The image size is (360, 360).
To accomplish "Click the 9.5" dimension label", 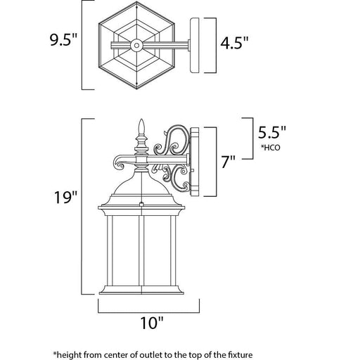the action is (63, 40).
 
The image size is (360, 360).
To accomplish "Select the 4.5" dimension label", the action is (234, 43).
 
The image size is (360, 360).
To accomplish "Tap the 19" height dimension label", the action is (65, 197).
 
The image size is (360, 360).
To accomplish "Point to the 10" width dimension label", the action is (152, 323).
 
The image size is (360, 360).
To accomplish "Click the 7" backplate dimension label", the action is (229, 161).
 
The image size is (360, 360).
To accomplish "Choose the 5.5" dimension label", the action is (272, 132).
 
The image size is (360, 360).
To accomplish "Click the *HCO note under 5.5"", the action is (271, 148).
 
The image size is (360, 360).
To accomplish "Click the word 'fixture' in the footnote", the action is (240, 354).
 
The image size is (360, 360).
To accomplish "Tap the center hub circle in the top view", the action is (136, 45).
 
